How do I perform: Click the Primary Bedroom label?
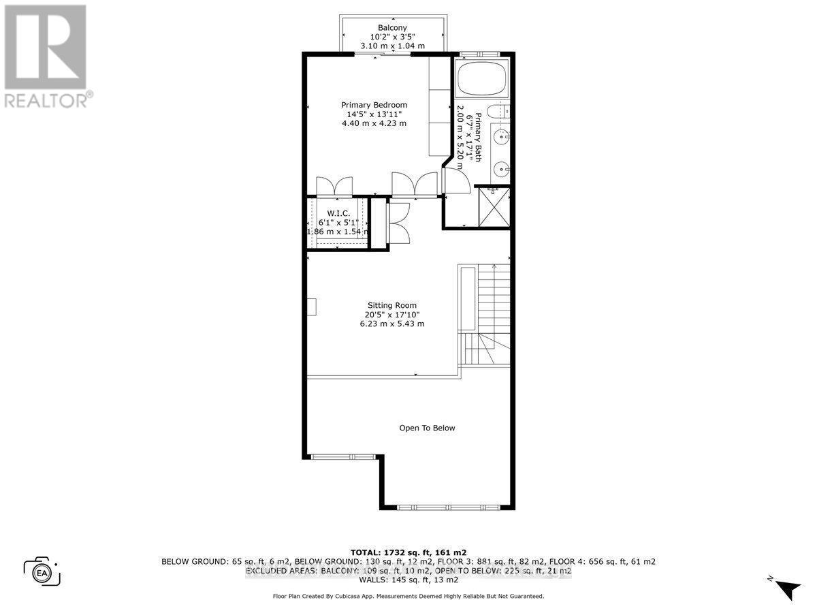click(x=374, y=105)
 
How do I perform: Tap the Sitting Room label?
click(x=391, y=305)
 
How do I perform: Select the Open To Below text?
click(x=427, y=428)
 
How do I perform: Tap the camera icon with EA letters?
click(x=42, y=571)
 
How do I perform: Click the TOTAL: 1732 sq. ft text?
click(x=408, y=552)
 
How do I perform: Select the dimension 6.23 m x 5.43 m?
click(x=391, y=324)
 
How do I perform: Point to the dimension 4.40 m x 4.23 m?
click(x=374, y=123)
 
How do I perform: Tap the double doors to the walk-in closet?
click(x=334, y=187)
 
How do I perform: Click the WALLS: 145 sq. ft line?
click(x=408, y=580)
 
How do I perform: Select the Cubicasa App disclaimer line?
click(x=408, y=596)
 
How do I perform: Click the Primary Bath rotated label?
click(x=478, y=136)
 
